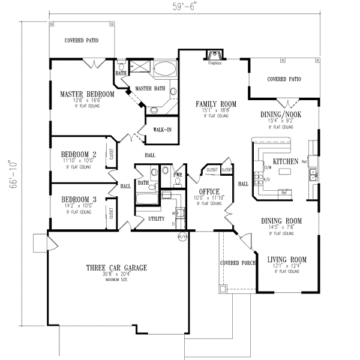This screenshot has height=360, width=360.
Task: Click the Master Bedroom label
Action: tap(87, 95)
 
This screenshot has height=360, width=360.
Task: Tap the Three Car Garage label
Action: tap(116, 268)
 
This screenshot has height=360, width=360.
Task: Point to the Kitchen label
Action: tap(286, 162)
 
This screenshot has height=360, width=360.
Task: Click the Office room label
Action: tap(209, 192)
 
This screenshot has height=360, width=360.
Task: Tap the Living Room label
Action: tap(286, 260)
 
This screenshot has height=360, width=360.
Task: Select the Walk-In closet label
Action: tap(162, 130)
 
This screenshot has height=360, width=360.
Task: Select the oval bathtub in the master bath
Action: tap(163, 70)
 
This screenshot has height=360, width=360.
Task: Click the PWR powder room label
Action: tap(178, 175)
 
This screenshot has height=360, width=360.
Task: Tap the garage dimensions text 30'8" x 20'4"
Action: tap(116, 278)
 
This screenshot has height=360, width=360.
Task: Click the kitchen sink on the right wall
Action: tap(313, 175)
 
